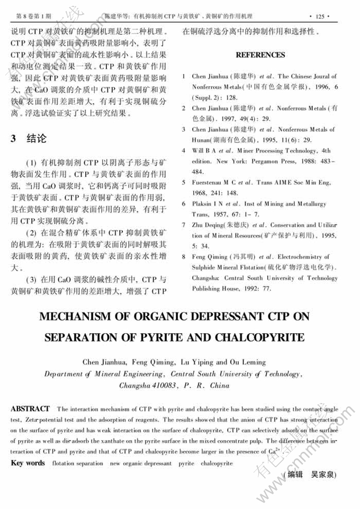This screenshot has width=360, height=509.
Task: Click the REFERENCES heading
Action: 260,55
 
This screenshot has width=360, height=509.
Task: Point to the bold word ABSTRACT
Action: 30,409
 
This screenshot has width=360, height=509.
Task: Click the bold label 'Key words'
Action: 28,463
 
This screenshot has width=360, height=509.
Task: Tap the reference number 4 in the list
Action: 182,150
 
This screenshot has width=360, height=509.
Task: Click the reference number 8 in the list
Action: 182,257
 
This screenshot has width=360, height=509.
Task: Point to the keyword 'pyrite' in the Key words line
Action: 186,463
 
